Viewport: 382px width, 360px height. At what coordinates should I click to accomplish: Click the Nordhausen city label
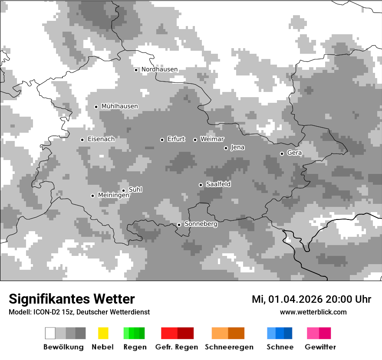pyautogui.click(x=159, y=69)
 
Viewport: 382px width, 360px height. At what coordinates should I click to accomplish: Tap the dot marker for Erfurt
pyautogui.click(x=162, y=140)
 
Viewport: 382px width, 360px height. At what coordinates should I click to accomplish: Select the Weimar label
pyautogui.click(x=212, y=139)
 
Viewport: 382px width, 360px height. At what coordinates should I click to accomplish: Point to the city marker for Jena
pyautogui.click(x=226, y=148)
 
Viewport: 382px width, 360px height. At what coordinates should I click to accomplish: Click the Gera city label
pyautogui.click(x=294, y=153)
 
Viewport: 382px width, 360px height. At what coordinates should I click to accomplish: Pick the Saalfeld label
pyautogui.click(x=218, y=184)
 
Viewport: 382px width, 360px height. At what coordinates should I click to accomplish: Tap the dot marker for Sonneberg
pyautogui.click(x=179, y=225)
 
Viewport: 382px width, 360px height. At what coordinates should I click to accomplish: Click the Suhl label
pyautogui.click(x=135, y=190)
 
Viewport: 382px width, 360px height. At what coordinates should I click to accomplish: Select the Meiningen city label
pyautogui.click(x=113, y=196)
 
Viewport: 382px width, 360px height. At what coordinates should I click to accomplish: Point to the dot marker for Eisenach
pyautogui.click(x=82, y=140)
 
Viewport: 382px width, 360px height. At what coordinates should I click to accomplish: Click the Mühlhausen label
pyautogui.click(x=119, y=106)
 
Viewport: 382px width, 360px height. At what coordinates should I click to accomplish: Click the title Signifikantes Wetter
pyautogui.click(x=72, y=299)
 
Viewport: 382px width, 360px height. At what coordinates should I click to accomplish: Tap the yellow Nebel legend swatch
pyautogui.click(x=103, y=333)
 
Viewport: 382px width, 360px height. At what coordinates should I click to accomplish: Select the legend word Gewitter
pyautogui.click(x=320, y=347)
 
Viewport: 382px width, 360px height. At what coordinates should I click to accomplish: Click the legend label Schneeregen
pyautogui.click(x=229, y=347)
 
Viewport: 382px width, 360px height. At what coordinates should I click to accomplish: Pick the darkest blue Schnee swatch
pyautogui.click(x=288, y=333)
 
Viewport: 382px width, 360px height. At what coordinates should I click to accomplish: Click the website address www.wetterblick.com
pyautogui.click(x=313, y=312)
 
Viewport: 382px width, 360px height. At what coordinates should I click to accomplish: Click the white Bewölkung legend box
pyautogui.click(x=50, y=333)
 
